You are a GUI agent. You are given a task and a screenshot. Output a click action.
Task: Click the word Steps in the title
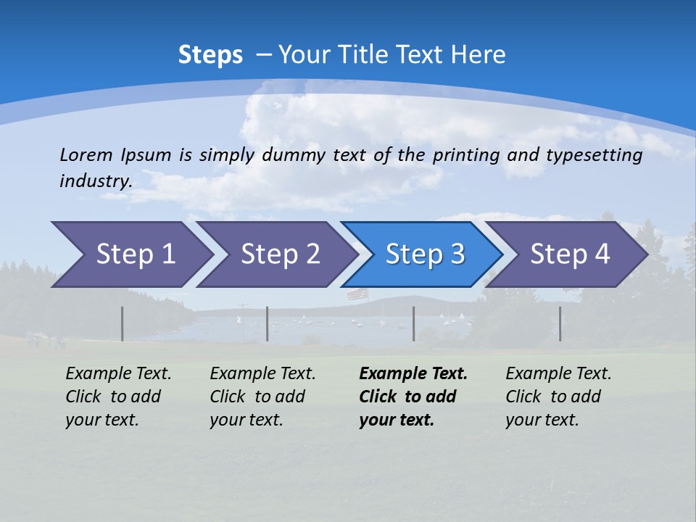(210, 55)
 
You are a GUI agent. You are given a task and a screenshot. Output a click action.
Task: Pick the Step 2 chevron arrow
(278, 254)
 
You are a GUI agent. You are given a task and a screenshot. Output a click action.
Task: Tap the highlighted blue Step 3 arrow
(423, 254)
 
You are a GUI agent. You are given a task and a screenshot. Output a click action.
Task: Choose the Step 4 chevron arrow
(568, 254)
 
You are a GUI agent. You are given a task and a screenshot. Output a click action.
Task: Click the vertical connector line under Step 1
(123, 323)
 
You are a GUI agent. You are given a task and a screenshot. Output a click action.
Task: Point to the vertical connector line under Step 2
(268, 323)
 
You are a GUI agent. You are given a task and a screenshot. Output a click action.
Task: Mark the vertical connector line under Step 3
(414, 323)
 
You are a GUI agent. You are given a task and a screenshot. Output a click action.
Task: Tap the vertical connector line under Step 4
(560, 323)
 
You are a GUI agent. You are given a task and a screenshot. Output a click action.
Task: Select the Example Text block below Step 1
(117, 397)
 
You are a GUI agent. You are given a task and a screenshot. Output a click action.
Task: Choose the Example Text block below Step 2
(262, 397)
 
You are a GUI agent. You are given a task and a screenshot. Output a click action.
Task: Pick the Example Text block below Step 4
(558, 397)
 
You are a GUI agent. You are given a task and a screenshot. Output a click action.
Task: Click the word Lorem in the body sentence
(86, 155)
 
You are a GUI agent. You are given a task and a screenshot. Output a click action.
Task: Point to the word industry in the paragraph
(95, 181)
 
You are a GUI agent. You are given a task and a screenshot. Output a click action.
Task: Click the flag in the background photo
(357, 294)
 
